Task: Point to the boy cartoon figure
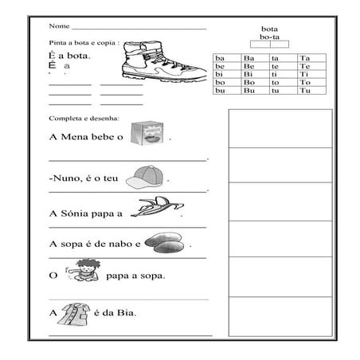(85, 272)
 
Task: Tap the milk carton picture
(147, 134)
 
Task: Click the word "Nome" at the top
(58, 27)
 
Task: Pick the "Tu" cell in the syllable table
(304, 90)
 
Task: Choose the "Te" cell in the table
(304, 66)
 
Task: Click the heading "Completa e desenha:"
(84, 118)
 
